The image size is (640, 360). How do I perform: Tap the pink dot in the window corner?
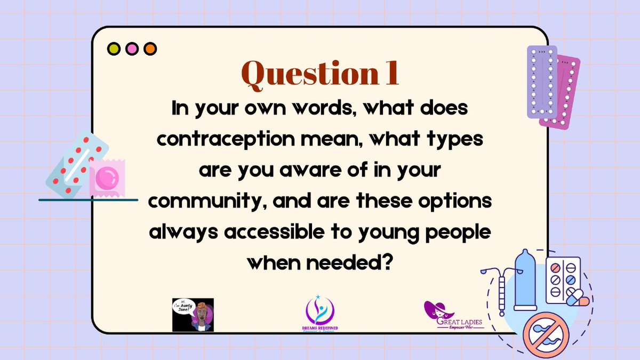132,49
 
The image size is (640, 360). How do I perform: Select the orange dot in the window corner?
150,49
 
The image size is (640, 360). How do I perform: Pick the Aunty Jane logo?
193,315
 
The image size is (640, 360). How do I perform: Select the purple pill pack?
541,81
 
